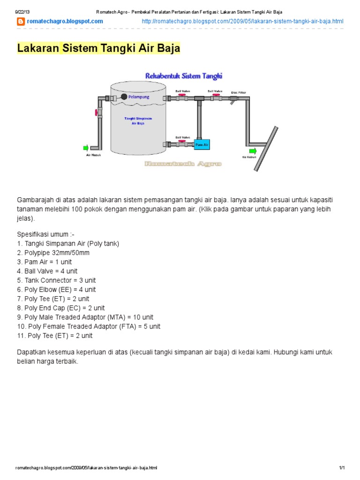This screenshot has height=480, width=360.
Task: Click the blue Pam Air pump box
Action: tap(202, 145)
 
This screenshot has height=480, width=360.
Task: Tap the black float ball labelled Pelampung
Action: tap(124, 97)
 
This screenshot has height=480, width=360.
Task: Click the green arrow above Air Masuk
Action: tap(85, 148)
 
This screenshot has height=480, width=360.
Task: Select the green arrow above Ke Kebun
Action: tap(253, 150)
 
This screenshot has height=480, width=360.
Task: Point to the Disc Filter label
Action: tap(238, 93)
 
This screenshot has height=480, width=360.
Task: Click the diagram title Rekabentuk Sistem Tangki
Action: tap(184, 75)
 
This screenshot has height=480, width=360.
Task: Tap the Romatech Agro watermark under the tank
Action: tap(183, 164)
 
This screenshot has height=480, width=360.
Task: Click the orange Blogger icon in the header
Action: tap(21, 22)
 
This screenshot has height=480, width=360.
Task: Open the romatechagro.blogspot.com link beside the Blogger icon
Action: tap(65, 22)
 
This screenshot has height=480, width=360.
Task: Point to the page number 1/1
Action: tap(342, 468)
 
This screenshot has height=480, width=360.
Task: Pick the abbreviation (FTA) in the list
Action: tap(125, 326)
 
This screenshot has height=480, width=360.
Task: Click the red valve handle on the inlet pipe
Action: tap(96, 113)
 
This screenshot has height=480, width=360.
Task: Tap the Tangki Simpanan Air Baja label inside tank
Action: tap(138, 121)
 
